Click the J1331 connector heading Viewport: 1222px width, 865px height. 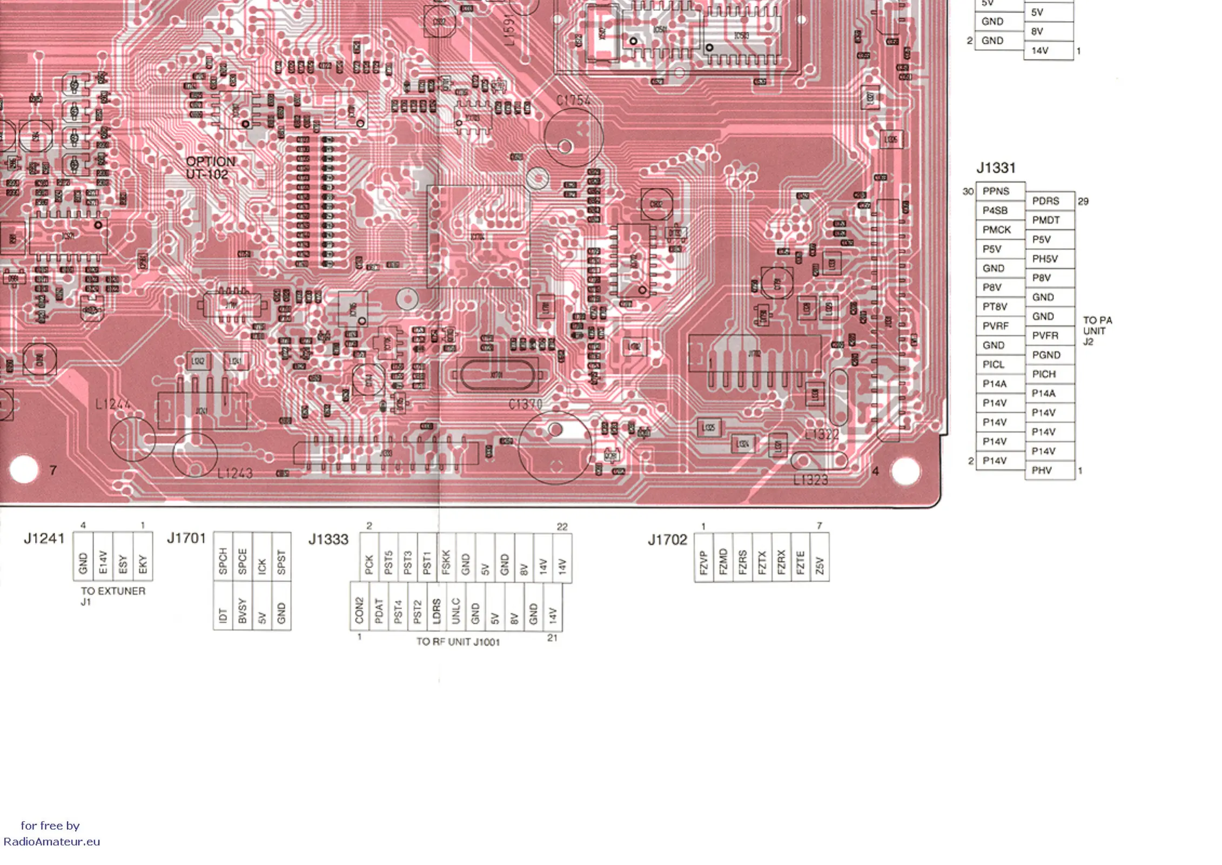click(996, 168)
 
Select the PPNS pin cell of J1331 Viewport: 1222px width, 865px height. click(1000, 191)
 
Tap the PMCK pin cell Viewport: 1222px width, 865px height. click(1000, 230)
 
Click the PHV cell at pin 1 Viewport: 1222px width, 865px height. click(1049, 470)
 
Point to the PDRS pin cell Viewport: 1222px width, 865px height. click(1049, 201)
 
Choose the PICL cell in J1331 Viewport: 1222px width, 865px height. click(1000, 364)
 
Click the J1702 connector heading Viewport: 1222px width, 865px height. click(667, 540)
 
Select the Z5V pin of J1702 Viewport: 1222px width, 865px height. click(820, 557)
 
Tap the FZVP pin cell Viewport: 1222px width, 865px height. click(703, 557)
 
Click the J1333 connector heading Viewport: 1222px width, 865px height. click(328, 540)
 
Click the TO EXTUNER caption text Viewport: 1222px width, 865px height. click(113, 591)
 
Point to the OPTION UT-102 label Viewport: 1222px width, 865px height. click(210, 168)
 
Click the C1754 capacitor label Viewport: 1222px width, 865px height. click(573, 101)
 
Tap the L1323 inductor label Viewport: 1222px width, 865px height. click(810, 480)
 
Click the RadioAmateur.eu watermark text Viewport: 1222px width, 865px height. click(52, 842)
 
